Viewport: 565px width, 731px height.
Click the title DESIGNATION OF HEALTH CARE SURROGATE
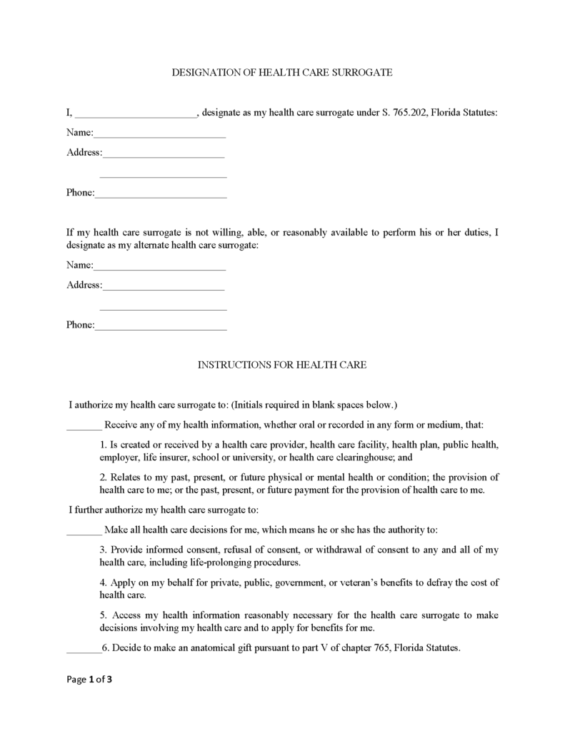point(282,73)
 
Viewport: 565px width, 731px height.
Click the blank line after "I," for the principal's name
point(135,114)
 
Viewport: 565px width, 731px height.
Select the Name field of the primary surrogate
point(159,133)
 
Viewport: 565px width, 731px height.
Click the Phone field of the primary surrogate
point(161,193)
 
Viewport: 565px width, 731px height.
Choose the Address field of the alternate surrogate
point(164,286)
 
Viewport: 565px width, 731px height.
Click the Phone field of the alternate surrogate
point(161,326)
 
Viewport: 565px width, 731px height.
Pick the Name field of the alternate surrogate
point(159,266)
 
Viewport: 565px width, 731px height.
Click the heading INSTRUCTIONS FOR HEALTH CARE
point(282,365)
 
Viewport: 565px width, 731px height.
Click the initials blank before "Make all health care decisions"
point(84,530)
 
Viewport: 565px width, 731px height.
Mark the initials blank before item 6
point(83,649)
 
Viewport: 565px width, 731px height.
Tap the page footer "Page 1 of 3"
point(89,680)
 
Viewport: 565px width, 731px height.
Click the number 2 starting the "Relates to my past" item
point(102,477)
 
